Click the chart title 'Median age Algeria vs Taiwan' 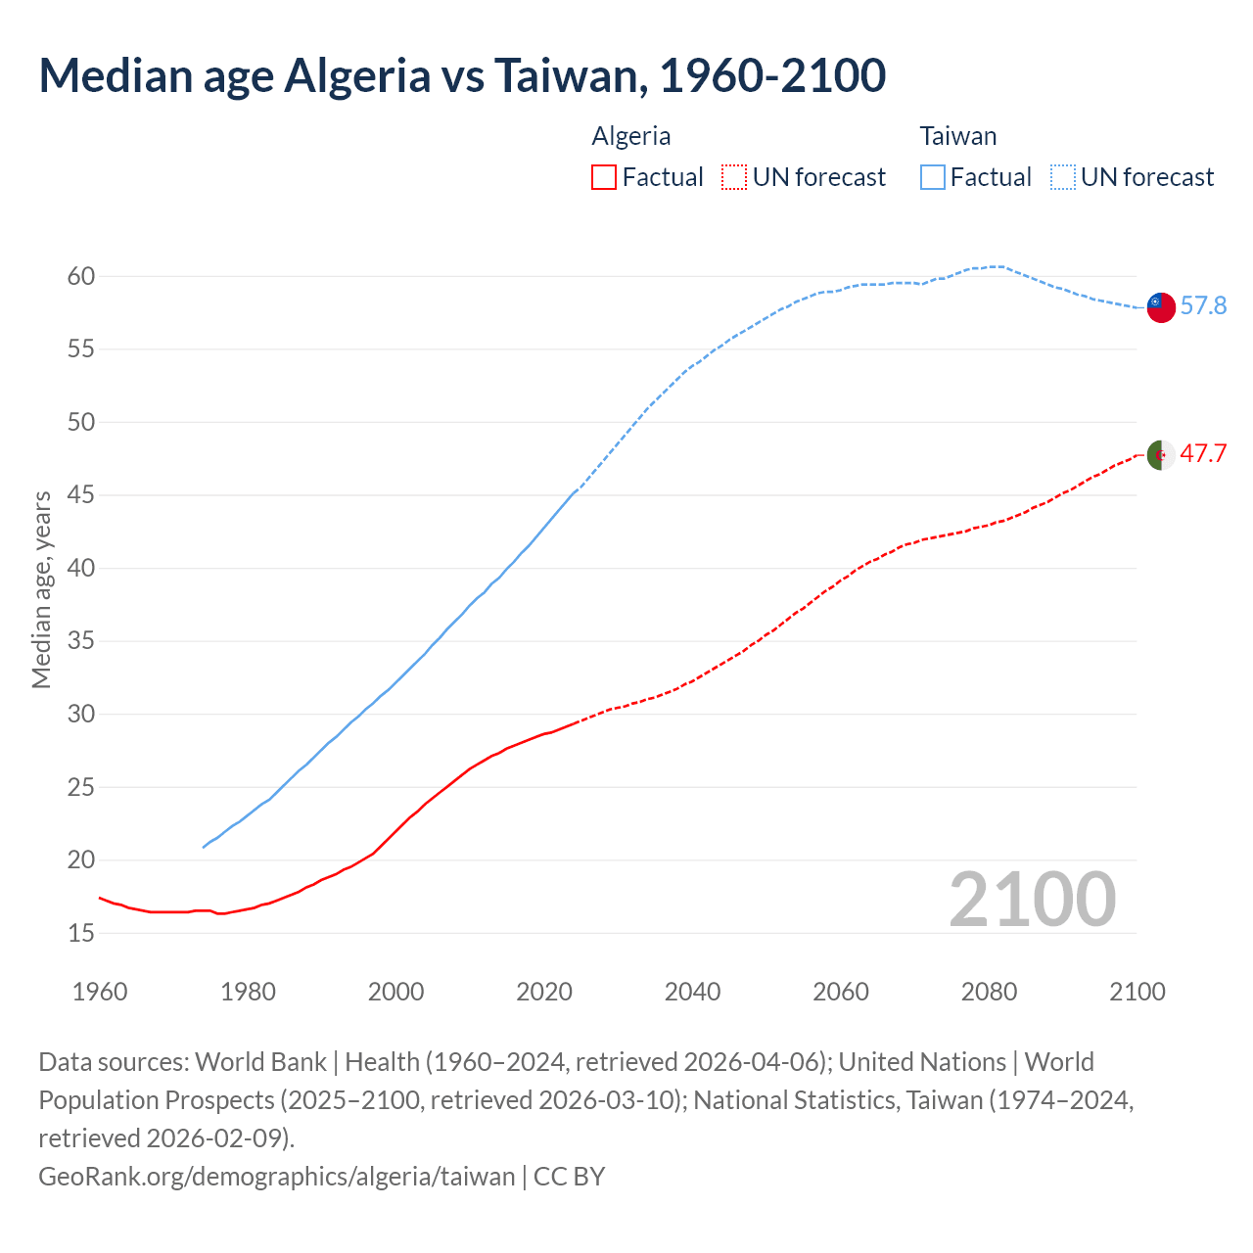(462, 76)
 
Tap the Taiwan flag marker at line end (1161, 306)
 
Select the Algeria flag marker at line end (1161, 455)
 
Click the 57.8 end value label (1203, 306)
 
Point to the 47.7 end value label (1203, 454)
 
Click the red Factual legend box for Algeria (604, 177)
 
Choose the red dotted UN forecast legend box (734, 177)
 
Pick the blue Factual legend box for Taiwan (933, 177)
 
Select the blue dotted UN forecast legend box (1062, 177)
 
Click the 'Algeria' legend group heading (631, 136)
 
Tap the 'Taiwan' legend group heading (957, 136)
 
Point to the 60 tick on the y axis (81, 277)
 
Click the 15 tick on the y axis (81, 934)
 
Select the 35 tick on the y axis (81, 642)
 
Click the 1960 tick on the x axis (100, 992)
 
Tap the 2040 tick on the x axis (692, 992)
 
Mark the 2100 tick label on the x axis (1137, 992)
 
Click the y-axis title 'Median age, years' (41, 590)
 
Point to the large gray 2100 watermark (1032, 900)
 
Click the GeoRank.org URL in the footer (276, 1177)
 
